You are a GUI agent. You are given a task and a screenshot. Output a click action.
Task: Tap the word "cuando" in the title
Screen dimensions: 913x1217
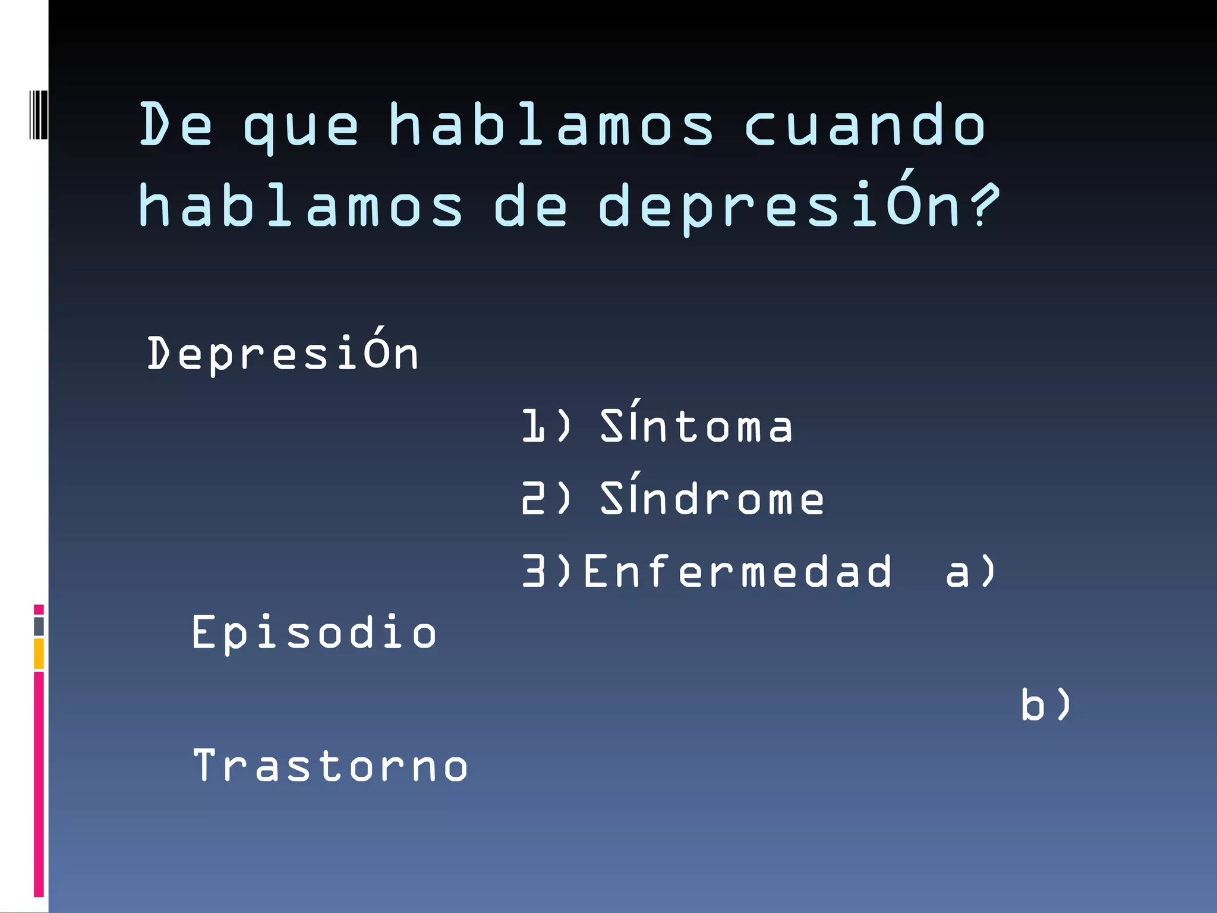[x=865, y=125]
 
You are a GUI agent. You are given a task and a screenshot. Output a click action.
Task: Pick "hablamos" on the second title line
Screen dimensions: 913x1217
[x=300, y=206]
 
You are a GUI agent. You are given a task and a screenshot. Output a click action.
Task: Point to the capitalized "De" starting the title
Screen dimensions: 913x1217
[x=175, y=125]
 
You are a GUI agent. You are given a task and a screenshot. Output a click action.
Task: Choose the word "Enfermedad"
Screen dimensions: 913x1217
[x=737, y=571]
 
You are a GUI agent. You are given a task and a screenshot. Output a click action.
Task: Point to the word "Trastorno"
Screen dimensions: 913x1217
[x=330, y=766]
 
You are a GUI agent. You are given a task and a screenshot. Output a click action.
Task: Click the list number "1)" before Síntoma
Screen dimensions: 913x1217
[x=546, y=426]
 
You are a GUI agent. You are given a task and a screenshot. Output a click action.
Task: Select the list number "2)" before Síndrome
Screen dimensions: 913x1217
[x=546, y=498]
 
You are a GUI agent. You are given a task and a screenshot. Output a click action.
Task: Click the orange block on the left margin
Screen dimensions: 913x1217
[x=39, y=653]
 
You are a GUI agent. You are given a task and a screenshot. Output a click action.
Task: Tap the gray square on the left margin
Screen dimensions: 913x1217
[x=39, y=626]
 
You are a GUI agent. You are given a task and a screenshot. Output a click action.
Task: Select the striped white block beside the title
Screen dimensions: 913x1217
[x=38, y=115]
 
